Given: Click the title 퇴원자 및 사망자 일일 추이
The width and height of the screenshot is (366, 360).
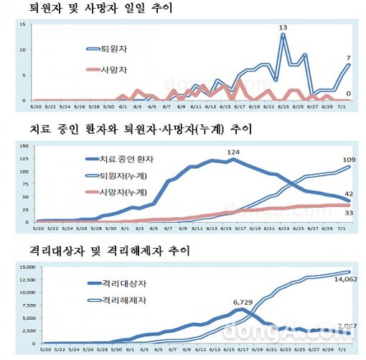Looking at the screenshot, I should pyautogui.click(x=100, y=9).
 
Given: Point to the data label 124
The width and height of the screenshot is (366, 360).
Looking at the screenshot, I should pyautogui.click(x=234, y=152).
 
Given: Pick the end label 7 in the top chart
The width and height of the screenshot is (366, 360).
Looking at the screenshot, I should pyautogui.click(x=348, y=57).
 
